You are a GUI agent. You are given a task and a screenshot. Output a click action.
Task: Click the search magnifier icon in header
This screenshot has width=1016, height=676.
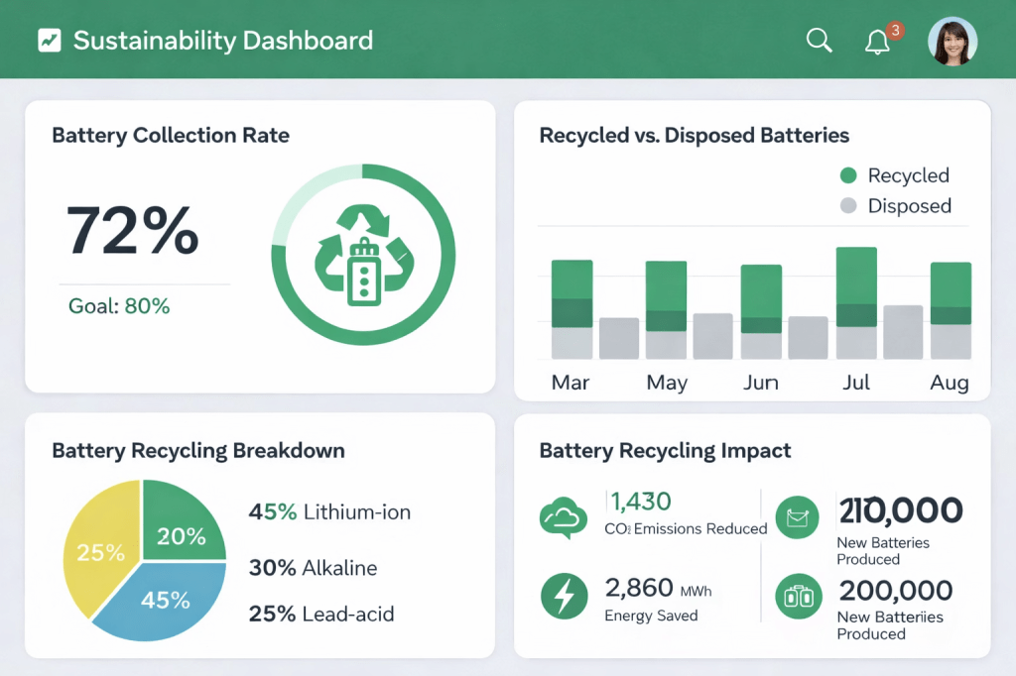point(819,41)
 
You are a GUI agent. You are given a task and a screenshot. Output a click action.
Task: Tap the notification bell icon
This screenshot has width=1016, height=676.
point(877,42)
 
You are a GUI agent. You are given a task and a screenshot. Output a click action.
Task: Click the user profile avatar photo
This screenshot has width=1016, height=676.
point(952,42)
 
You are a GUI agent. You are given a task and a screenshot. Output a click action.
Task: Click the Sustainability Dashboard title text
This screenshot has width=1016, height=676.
point(223,41)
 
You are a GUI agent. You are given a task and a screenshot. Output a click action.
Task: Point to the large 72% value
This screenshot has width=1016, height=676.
point(133,230)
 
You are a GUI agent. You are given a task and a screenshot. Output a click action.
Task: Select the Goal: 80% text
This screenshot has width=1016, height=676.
point(119,306)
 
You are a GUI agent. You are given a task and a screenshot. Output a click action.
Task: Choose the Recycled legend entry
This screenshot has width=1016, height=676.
point(895,175)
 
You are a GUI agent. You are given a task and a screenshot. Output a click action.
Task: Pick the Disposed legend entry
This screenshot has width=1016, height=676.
point(896,206)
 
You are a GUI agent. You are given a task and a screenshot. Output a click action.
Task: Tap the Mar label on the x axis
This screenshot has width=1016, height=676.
point(571,383)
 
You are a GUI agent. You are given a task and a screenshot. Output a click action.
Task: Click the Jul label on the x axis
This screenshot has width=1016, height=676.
point(856,383)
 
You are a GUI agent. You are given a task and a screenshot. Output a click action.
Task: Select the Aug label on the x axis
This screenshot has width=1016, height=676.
point(950,383)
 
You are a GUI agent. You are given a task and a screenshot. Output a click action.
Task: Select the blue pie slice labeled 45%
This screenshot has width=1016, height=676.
point(164,600)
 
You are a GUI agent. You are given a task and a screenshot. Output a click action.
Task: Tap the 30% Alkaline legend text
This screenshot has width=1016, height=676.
point(313,568)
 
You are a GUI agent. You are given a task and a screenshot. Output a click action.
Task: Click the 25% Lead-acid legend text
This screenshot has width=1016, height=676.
point(320,614)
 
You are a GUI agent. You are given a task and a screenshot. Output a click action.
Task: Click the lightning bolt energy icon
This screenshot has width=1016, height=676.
point(563,596)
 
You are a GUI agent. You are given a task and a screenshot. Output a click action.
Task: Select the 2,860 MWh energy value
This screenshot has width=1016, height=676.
point(658,589)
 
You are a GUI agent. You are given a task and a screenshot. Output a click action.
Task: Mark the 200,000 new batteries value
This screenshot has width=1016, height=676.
point(895,591)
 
